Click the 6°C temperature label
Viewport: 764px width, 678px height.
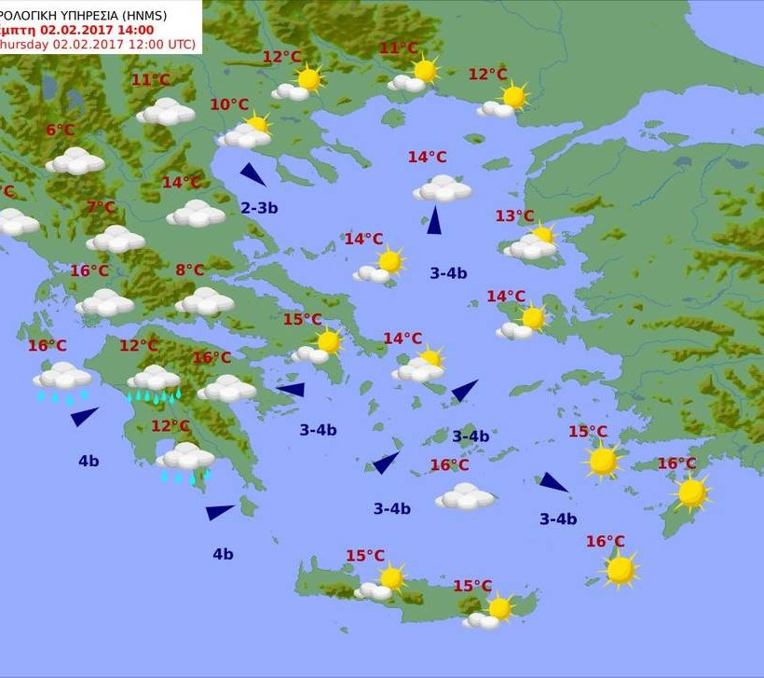coord(60,131)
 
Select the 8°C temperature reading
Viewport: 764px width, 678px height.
coord(189,270)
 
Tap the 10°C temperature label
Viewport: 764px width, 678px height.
coord(228,104)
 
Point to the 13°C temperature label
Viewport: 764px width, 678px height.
coord(514,216)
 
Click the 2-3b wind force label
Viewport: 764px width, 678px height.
coord(259,208)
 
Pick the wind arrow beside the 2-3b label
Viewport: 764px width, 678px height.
coord(252,174)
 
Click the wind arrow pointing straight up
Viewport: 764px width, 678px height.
coord(434,220)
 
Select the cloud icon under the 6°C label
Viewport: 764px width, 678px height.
coord(75,161)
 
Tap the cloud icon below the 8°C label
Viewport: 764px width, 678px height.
coord(204,301)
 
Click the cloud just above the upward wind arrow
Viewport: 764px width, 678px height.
coord(442,189)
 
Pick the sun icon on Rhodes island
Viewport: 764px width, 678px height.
coord(691,492)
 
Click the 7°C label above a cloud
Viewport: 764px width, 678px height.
coord(101,207)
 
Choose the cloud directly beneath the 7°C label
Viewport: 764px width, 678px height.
coord(116,240)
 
